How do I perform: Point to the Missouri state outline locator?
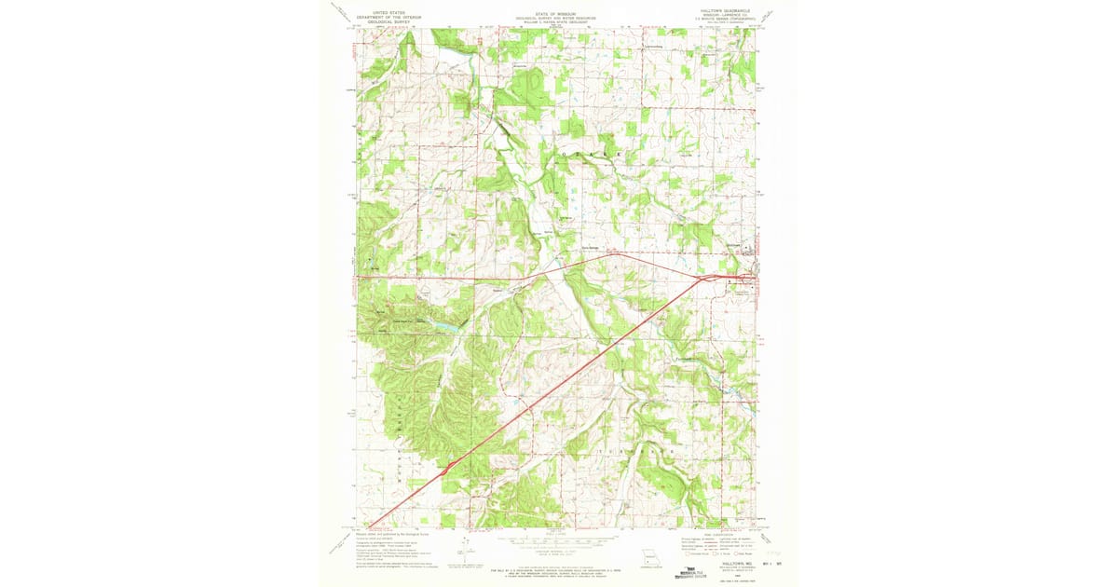649,561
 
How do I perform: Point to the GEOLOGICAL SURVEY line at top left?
392,22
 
